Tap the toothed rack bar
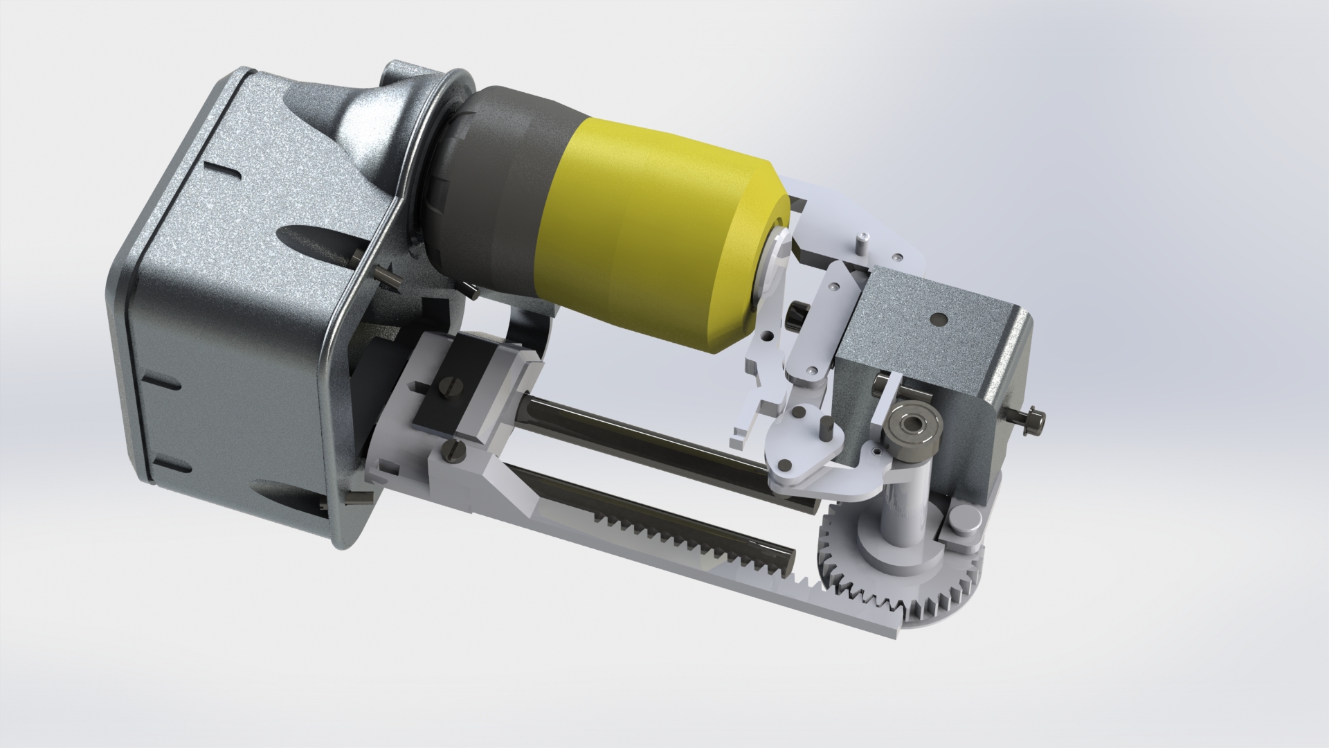tap(692, 554)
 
